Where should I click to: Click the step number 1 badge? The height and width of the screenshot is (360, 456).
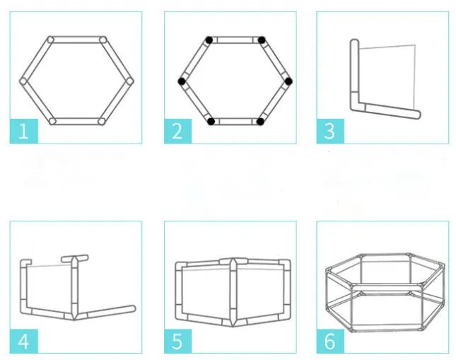pos(24,131)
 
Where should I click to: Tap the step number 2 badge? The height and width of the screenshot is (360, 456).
pos(178,131)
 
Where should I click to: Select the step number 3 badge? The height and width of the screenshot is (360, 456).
pos(330,131)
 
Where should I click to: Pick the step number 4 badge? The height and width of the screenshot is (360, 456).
pos(24,341)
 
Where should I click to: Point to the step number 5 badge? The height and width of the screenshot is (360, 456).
pos(178,341)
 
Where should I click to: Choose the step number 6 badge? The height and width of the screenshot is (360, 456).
pos(330,341)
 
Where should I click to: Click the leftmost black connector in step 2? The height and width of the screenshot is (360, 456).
pos(182,81)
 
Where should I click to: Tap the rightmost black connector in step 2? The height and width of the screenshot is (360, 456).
pos(288,81)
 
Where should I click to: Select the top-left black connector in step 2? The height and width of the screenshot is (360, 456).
pos(209,40)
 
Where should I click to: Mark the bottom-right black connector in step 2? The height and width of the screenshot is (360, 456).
pos(260,122)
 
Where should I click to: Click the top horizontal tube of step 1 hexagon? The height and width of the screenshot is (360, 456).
pos(77,40)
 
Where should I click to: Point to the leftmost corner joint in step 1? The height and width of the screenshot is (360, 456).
pos(23,81)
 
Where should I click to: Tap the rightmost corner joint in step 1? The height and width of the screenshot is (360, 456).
pos(129,81)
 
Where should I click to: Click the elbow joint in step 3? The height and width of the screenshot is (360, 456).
pos(356,105)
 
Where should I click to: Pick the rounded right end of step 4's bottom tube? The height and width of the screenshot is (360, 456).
pos(132,309)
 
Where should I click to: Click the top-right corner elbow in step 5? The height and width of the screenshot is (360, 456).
pos(285,265)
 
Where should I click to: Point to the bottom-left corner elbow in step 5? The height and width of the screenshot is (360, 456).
pos(181,315)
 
